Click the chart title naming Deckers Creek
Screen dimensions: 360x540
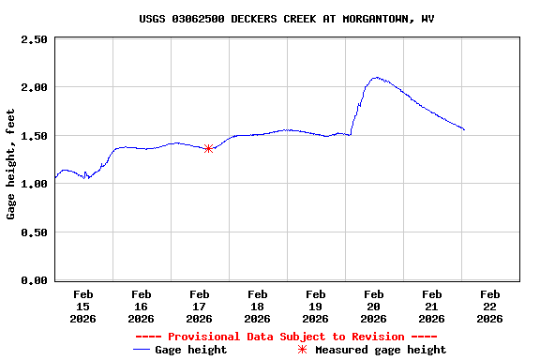[x=287, y=19]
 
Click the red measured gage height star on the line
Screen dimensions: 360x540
[x=208, y=148]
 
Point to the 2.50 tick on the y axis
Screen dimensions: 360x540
[x=34, y=39]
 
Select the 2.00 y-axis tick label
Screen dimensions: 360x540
[x=34, y=87]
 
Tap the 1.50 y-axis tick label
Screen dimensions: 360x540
[x=34, y=136]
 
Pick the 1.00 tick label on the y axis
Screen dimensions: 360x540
[x=34, y=184]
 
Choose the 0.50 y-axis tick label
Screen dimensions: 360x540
[x=34, y=232]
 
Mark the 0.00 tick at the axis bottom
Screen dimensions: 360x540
[x=34, y=280]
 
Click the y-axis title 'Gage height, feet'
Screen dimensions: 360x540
[x=11, y=164]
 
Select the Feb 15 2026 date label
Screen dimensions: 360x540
[x=83, y=307]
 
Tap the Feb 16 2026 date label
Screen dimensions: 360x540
[x=142, y=307]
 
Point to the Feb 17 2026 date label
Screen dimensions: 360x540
[x=200, y=307]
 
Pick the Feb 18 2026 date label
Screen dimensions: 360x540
[x=258, y=307]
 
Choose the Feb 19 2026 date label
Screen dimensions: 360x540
[x=316, y=307]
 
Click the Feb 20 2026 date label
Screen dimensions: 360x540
[x=374, y=307]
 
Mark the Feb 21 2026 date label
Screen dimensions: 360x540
[x=432, y=307]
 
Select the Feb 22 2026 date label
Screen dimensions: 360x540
[x=490, y=307]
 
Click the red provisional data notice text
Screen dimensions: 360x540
[x=286, y=337]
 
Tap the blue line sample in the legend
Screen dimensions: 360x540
[x=142, y=350]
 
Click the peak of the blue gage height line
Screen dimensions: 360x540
[x=376, y=78]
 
